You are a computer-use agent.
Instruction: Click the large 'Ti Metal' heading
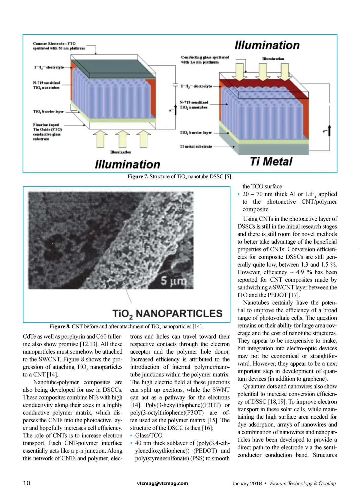click(x=271, y=161)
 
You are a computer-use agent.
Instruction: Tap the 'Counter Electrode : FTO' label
click(x=54, y=43)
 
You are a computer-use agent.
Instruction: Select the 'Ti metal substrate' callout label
click(x=196, y=146)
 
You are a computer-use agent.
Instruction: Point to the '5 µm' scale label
click(x=173, y=281)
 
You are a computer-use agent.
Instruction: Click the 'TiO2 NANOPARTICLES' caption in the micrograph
click(x=167, y=314)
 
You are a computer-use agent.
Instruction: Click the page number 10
click(x=27, y=483)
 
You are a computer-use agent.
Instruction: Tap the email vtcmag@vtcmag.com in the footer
click(x=162, y=483)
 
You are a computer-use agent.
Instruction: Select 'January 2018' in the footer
click(x=247, y=484)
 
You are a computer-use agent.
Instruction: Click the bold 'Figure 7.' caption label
click(x=138, y=177)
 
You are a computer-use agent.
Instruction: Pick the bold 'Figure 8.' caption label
click(x=60, y=326)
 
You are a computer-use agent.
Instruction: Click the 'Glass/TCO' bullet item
click(x=148, y=436)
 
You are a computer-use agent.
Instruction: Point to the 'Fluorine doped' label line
click(x=46, y=124)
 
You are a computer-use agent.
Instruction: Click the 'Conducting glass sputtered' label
click(x=205, y=57)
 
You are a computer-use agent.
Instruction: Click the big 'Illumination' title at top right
click(x=267, y=45)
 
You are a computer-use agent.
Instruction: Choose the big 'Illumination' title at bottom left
click(x=127, y=164)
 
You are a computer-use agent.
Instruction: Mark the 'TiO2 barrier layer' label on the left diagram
click(x=48, y=112)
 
